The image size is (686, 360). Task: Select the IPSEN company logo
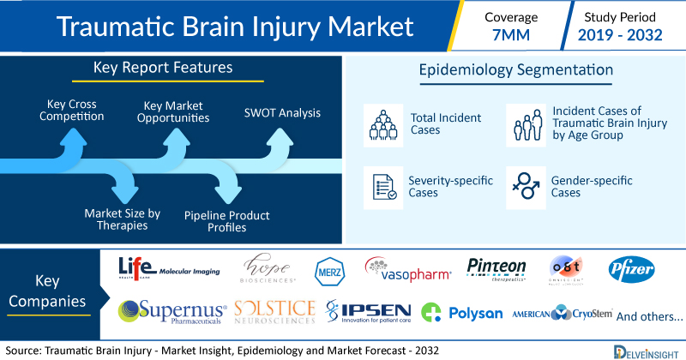pos(369,312)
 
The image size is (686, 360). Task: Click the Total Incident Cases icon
pos(380,123)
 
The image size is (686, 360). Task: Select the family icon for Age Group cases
pos(523,123)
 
